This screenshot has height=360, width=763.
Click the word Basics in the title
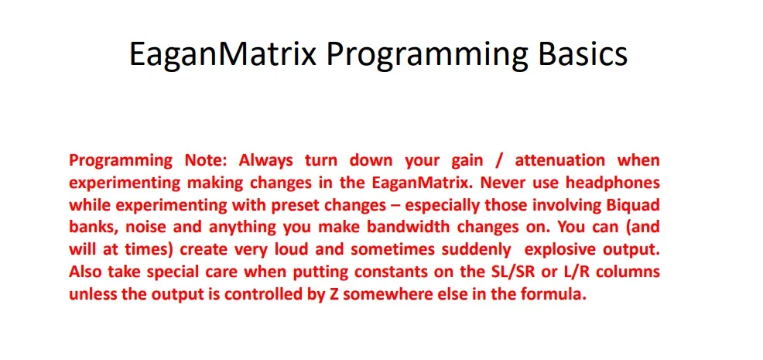(583, 53)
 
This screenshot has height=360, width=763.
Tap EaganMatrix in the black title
(223, 55)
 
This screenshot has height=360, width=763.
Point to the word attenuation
(559, 160)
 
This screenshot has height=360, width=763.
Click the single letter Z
(327, 295)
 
